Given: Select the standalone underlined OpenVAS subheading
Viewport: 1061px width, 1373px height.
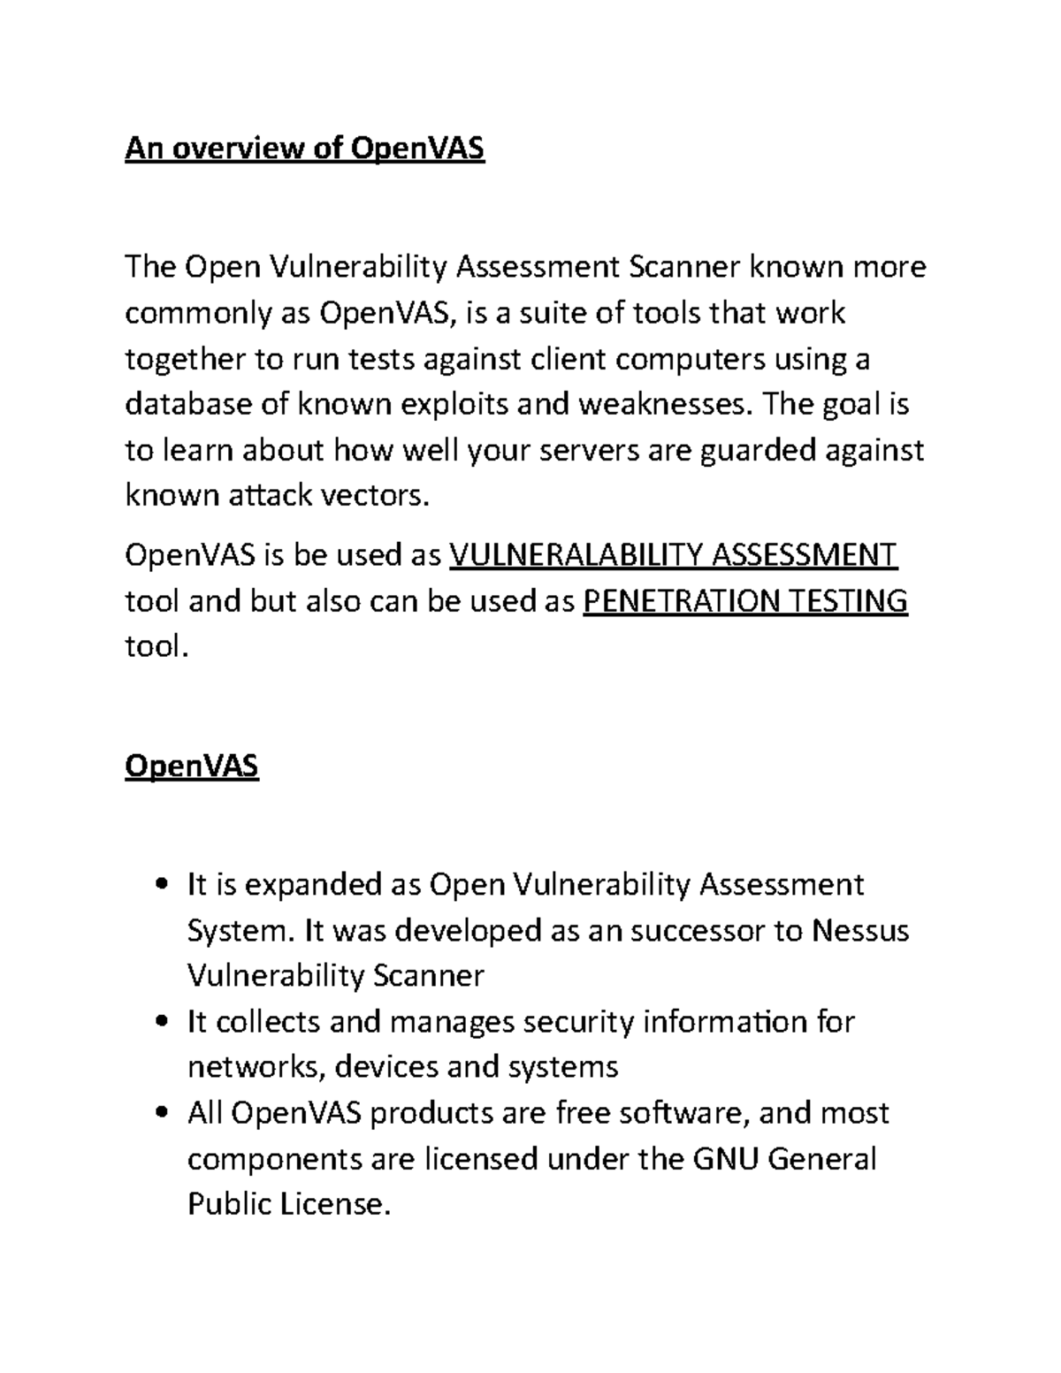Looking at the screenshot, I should [192, 765].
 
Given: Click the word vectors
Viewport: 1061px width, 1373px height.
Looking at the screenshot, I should [373, 496].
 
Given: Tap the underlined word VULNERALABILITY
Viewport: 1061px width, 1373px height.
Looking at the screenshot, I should [576, 555].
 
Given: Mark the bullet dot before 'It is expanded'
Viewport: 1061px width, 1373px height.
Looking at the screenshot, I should [161, 885].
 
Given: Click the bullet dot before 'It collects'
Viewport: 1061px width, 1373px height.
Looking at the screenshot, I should [161, 1023].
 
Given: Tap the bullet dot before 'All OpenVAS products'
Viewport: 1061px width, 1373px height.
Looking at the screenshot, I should [161, 1113].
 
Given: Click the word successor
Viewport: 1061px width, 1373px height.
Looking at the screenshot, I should [687, 930].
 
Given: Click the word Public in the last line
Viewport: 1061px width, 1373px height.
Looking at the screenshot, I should [229, 1204].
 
